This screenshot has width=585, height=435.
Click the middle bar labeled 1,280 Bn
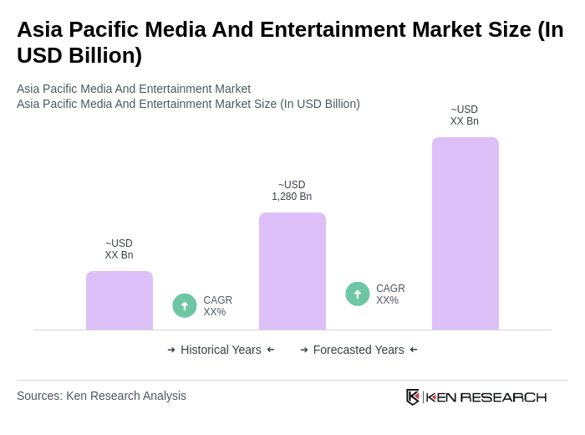(x=292, y=271)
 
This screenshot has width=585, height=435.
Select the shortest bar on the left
(x=119, y=300)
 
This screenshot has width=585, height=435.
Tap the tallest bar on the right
(x=465, y=233)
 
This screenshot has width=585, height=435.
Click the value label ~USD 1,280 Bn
(x=292, y=191)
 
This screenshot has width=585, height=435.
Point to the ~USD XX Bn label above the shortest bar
(x=119, y=249)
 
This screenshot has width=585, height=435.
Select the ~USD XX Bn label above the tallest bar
(x=465, y=115)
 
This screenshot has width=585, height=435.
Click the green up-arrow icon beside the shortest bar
(x=185, y=305)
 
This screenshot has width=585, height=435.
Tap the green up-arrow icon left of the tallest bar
(x=358, y=294)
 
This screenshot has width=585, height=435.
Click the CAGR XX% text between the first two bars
(x=217, y=306)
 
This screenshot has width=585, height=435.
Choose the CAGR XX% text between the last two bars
(x=390, y=294)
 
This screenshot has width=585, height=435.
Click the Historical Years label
(x=221, y=350)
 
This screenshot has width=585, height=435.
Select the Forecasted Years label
(x=359, y=350)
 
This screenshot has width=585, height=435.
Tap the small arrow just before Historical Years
(x=171, y=350)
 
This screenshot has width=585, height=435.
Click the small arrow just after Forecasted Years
(x=414, y=350)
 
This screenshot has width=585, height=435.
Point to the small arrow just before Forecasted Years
(x=304, y=350)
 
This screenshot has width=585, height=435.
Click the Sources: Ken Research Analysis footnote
(x=101, y=396)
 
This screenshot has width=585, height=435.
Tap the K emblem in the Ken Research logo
(x=413, y=397)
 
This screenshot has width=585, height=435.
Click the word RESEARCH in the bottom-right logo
(x=503, y=397)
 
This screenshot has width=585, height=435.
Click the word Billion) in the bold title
(x=99, y=55)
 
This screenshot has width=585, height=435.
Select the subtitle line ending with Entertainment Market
(x=134, y=89)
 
